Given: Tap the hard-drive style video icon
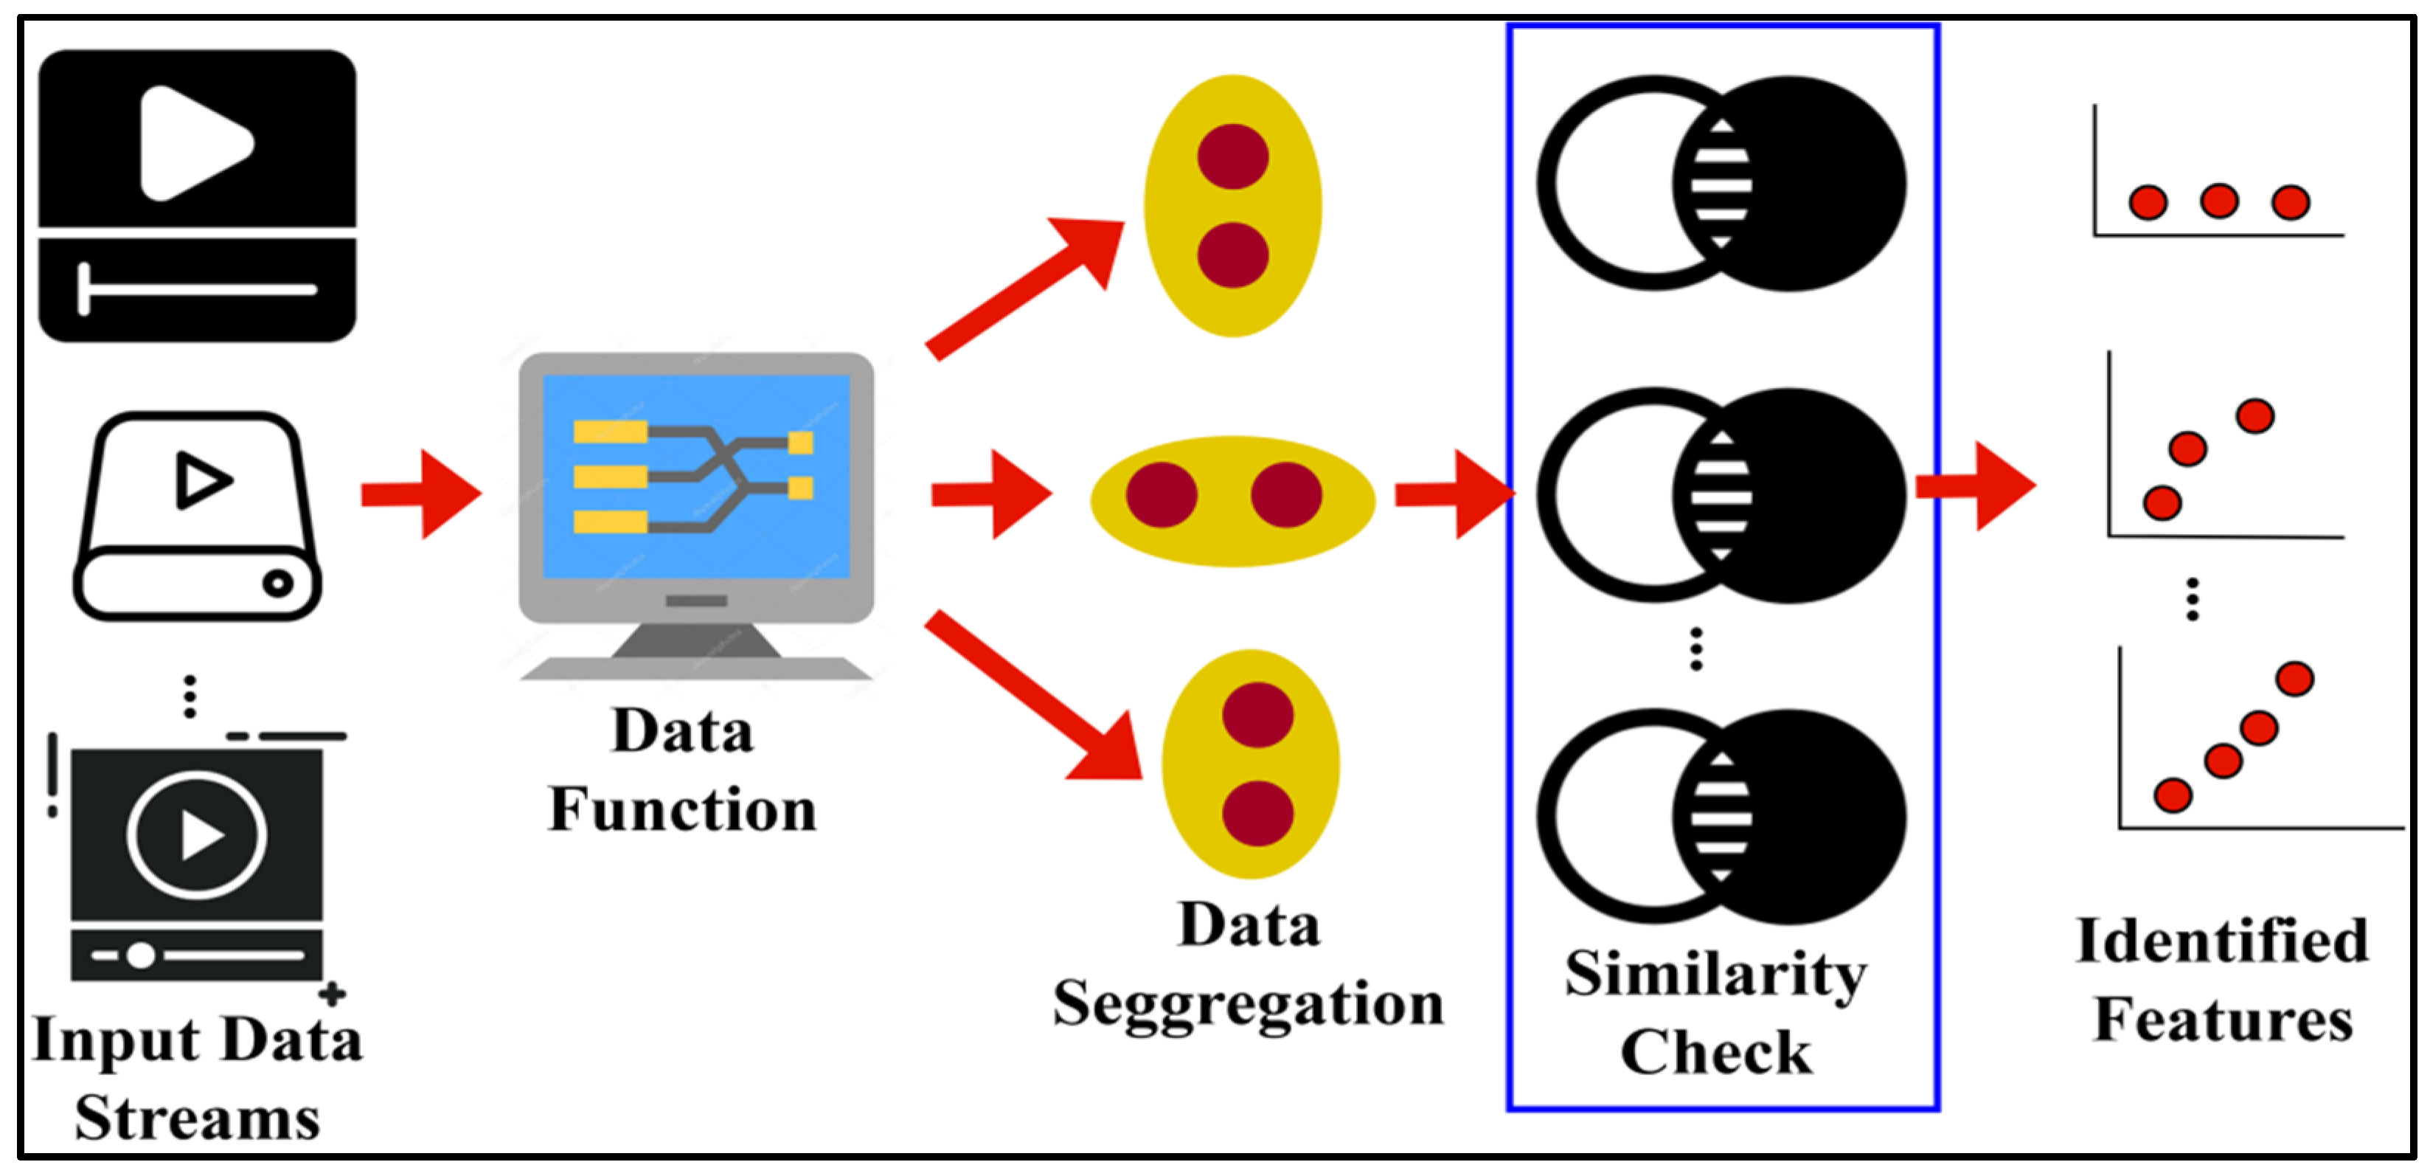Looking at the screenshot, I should point(197,516).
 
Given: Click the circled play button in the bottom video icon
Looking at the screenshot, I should point(197,834).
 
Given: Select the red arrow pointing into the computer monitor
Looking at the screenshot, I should point(423,494).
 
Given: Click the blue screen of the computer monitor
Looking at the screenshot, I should point(696,477).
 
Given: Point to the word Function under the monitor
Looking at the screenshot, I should point(682,811).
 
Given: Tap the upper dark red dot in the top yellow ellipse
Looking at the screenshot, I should point(1233,156).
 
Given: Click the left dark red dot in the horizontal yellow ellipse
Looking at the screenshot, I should point(1162,494).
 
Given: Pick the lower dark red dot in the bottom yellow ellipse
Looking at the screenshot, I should point(1257,814).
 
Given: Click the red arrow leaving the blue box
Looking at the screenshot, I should point(1977,486).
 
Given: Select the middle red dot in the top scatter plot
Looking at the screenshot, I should point(2218,201).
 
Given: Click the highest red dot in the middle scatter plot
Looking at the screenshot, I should point(2254,415).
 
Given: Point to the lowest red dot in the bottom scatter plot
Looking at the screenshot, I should point(2173,795).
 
